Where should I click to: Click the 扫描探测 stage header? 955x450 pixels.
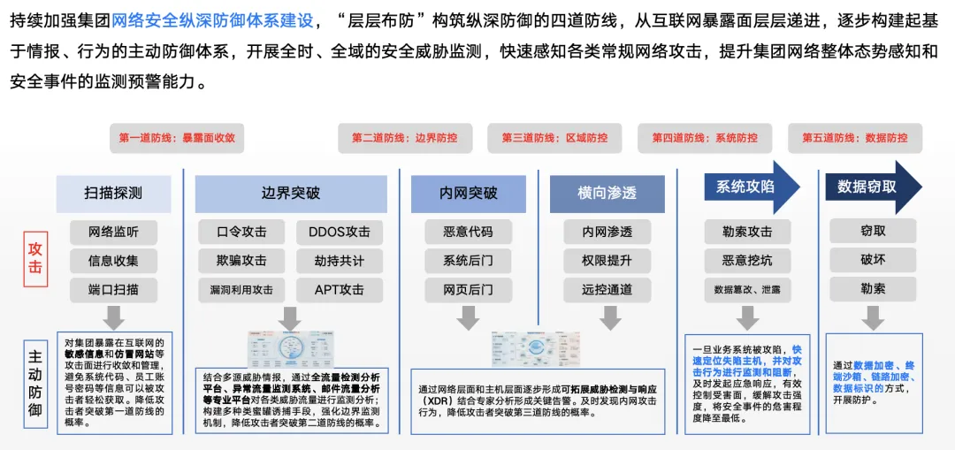tap(113, 193)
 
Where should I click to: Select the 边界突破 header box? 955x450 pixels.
tap(291, 193)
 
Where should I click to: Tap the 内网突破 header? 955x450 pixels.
tap(469, 193)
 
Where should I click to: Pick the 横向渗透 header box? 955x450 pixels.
tap(607, 193)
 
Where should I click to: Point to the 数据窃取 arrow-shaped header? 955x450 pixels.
tap(870, 187)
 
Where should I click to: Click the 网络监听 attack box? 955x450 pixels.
tap(113, 233)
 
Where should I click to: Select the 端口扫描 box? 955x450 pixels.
tap(113, 289)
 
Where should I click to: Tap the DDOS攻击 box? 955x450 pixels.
tap(340, 233)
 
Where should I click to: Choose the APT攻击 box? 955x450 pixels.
tap(340, 289)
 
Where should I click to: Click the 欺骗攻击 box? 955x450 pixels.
tap(241, 261)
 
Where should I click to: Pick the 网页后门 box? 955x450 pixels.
tap(469, 289)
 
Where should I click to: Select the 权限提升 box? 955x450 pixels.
tap(607, 261)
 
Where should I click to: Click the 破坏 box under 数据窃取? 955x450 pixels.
tap(873, 260)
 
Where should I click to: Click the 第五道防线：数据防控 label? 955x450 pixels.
tap(855, 138)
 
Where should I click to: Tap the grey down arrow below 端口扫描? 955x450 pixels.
tap(113, 317)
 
